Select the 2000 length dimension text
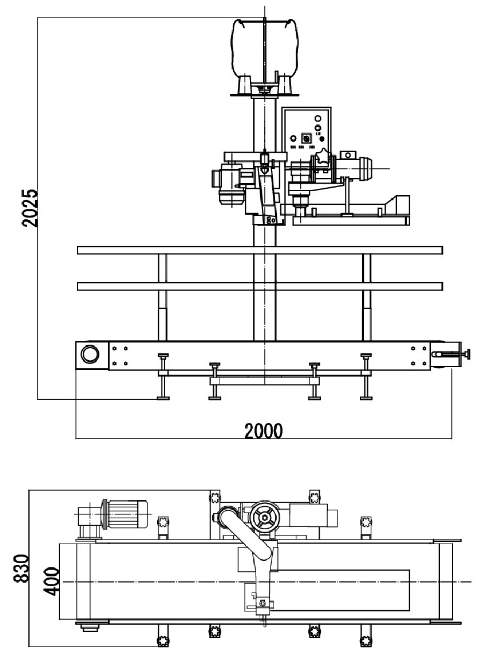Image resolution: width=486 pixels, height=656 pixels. [263, 430]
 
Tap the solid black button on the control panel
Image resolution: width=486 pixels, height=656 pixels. [322, 139]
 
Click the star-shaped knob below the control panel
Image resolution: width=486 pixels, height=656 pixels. [323, 159]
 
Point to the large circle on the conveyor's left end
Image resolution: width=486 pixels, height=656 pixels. [90, 353]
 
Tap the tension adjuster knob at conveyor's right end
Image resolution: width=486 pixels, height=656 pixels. [468, 354]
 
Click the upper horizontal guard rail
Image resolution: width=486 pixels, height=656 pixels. [260, 250]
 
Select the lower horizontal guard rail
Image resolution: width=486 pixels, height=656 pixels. [260, 286]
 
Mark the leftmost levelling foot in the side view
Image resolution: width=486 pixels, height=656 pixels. [163, 397]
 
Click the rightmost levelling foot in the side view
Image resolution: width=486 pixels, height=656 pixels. [367, 397]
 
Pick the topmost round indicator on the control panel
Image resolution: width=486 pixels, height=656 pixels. [317, 118]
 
